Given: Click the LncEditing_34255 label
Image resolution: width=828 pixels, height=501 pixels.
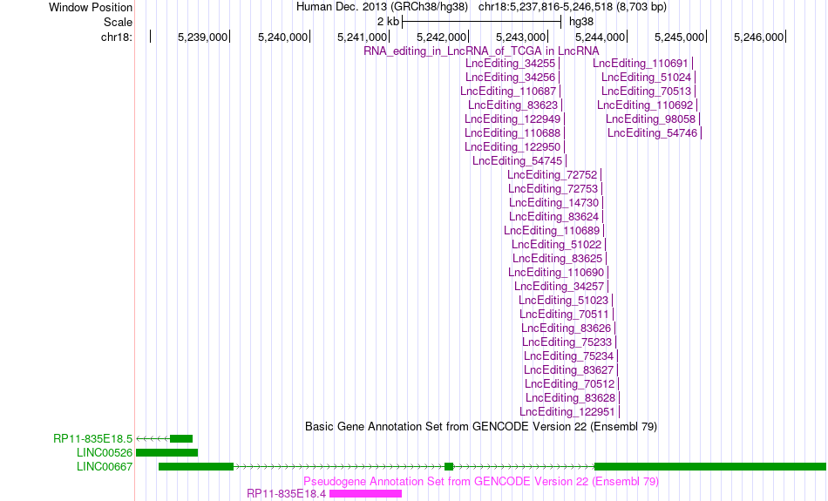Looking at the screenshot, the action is (x=510, y=64).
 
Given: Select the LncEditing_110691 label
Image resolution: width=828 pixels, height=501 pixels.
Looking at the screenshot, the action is (x=640, y=64).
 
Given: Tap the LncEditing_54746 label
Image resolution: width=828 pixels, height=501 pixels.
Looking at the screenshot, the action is (x=652, y=133).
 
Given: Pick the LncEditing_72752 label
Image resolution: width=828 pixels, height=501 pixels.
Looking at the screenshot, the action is (x=553, y=175).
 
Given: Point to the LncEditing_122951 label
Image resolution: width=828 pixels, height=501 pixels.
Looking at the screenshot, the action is (x=567, y=412).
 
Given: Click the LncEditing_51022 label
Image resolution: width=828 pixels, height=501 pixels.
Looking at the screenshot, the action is (x=557, y=245).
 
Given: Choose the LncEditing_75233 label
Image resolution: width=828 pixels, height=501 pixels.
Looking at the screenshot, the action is (x=567, y=342).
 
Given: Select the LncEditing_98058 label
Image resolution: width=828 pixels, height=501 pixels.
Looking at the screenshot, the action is (x=650, y=120).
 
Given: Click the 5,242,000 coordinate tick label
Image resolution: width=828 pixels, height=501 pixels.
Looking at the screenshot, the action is (x=442, y=37).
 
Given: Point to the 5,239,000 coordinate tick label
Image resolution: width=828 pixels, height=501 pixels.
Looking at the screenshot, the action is (x=202, y=37).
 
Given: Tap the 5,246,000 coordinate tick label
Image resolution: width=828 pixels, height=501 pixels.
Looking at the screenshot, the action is (x=759, y=37).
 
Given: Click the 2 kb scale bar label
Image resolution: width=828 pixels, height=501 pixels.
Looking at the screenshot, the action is (x=388, y=22).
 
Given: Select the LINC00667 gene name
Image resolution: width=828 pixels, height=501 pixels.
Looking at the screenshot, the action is (x=105, y=467).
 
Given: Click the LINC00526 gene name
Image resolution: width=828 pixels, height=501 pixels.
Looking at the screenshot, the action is (x=105, y=453).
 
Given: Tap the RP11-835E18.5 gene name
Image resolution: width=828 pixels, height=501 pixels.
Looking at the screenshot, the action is (x=93, y=439).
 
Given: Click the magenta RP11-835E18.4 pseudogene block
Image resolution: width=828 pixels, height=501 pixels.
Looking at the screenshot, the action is (x=365, y=494).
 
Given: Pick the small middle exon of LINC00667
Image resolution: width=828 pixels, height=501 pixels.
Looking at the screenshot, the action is (x=449, y=467).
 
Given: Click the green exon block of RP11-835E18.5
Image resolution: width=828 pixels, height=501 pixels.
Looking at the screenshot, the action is (x=181, y=439).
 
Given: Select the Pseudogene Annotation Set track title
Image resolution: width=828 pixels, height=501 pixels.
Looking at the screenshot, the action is (x=481, y=482).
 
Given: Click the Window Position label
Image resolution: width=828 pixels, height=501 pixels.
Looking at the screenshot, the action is (x=91, y=7).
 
